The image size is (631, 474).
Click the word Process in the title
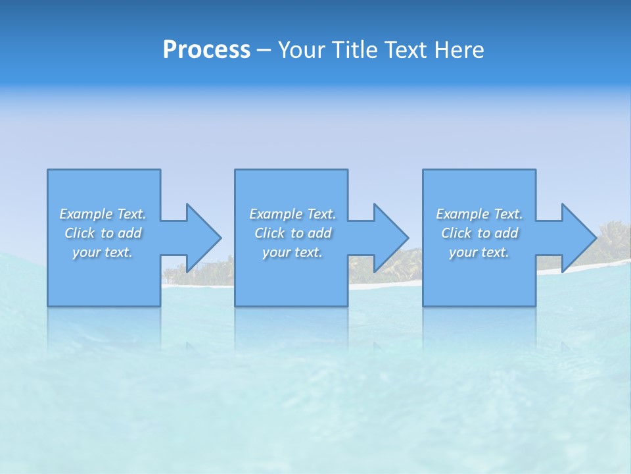coord(206,50)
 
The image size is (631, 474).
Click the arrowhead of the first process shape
coord(204,238)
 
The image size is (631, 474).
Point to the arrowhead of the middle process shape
coord(391,238)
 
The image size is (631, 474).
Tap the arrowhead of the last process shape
coord(579,238)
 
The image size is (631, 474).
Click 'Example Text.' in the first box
coord(103,214)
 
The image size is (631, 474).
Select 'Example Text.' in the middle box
coord(292,214)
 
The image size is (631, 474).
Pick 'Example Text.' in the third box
coord(479,214)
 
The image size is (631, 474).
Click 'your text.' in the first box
coord(103,252)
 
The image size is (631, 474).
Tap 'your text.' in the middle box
coord(292,252)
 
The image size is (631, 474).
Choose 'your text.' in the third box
coord(479,252)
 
